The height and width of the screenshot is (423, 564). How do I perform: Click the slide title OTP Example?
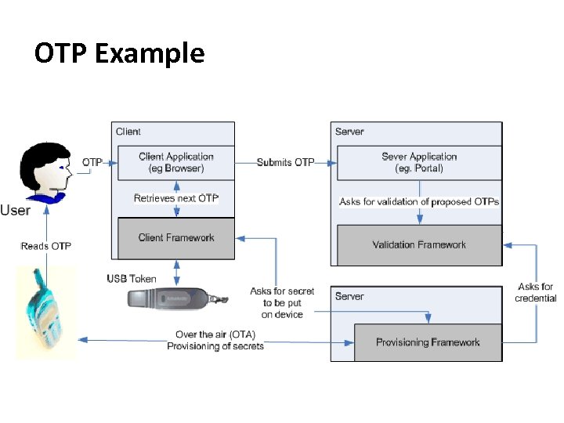pyautogui.click(x=119, y=53)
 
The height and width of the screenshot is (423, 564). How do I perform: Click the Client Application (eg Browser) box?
pyautogui.click(x=175, y=162)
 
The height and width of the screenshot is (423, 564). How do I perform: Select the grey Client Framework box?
pyautogui.click(x=175, y=238)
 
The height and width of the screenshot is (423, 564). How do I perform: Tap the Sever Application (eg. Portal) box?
pyautogui.click(x=418, y=162)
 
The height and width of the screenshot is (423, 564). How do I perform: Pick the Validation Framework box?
pyautogui.click(x=419, y=245)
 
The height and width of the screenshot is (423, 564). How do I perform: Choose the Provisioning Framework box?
pyautogui.click(x=428, y=342)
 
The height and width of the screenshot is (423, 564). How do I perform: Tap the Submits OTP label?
pyautogui.click(x=285, y=162)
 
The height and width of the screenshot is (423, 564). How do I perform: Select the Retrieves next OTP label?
pyautogui.click(x=175, y=198)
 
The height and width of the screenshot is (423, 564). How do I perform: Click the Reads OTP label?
pyautogui.click(x=45, y=246)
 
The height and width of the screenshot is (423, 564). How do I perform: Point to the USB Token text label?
pyautogui.click(x=132, y=279)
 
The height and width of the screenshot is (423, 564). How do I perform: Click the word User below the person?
pyautogui.click(x=16, y=210)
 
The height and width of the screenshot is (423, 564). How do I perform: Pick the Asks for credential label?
pyautogui.click(x=536, y=292)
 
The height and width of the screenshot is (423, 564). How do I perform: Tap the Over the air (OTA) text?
pyautogui.click(x=215, y=334)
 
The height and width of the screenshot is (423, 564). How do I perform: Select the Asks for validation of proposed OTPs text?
pyautogui.click(x=419, y=202)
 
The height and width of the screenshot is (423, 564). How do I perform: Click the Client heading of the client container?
pyautogui.click(x=128, y=132)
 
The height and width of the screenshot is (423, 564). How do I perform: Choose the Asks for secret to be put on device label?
pyautogui.click(x=282, y=302)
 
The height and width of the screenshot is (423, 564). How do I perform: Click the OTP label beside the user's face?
pyautogui.click(x=92, y=162)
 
